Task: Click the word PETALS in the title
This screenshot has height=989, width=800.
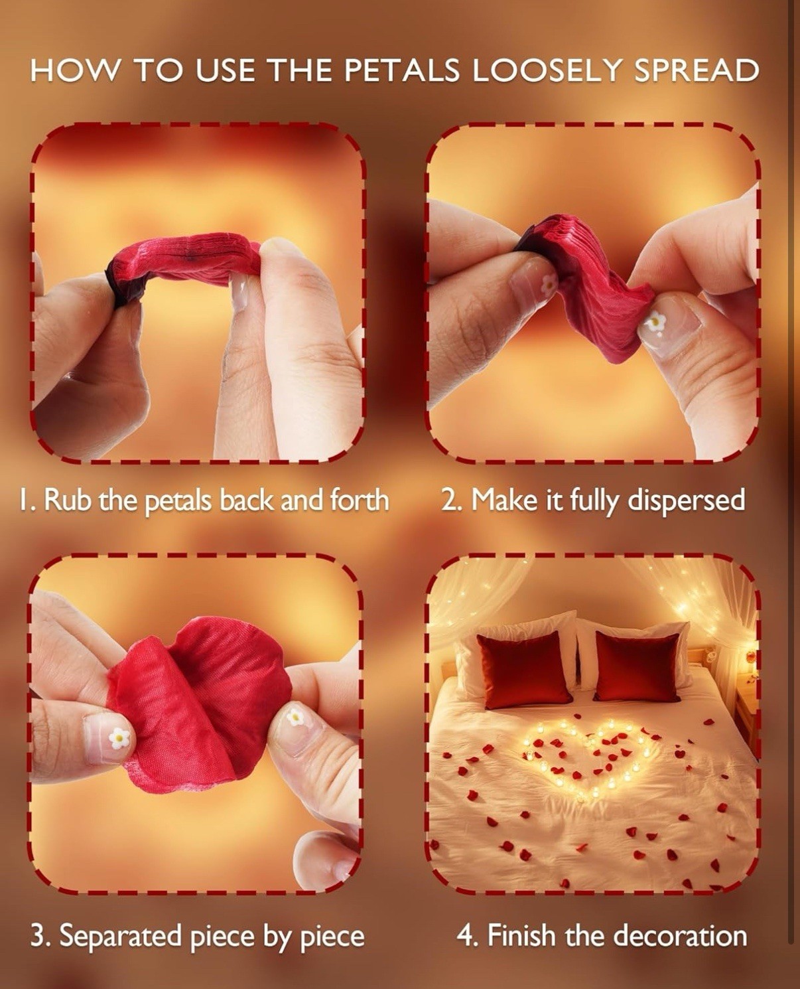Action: pyautogui.click(x=402, y=71)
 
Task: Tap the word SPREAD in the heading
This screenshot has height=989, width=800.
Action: pyautogui.click(x=696, y=71)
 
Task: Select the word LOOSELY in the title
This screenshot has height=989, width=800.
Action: pyautogui.click(x=546, y=71)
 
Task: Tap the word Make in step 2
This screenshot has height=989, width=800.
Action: pyautogui.click(x=503, y=500)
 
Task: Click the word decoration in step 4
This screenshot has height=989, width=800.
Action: pyautogui.click(x=681, y=935)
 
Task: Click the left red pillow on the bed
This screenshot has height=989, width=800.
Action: pyautogui.click(x=524, y=669)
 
